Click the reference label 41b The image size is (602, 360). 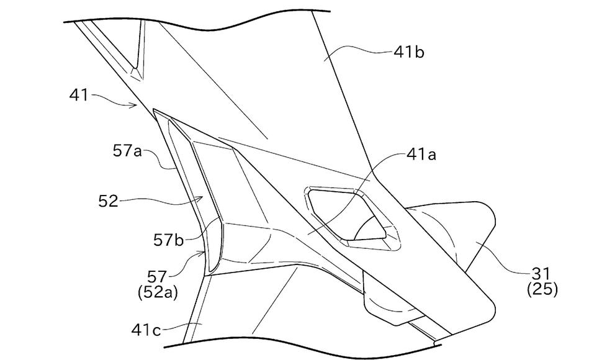tap(409, 52)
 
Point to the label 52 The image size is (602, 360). tap(107, 200)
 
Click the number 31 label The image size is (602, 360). tap(541, 274)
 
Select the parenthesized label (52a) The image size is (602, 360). tap(157, 292)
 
